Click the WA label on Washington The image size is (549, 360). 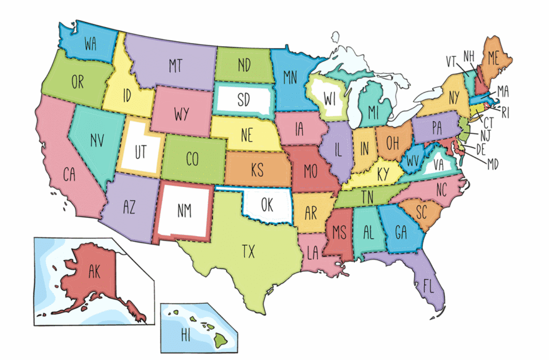[x=90, y=44]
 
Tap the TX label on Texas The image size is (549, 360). [x=249, y=251]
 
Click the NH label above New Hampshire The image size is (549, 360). [x=469, y=56]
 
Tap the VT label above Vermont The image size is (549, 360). [x=452, y=61]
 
